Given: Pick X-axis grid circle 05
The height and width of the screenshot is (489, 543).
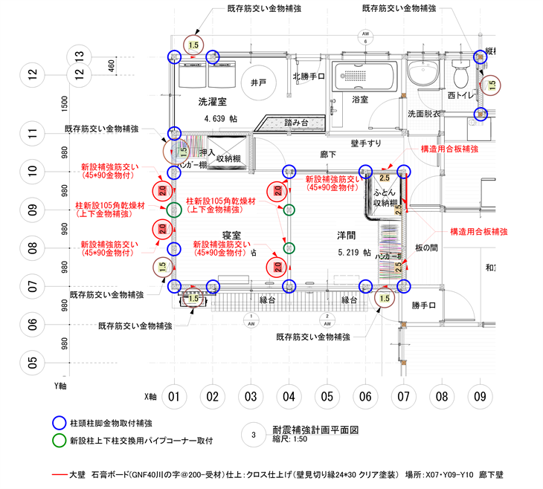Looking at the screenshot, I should pyautogui.click(x=326, y=397).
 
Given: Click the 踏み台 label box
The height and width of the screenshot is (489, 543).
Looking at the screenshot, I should pyautogui.click(x=296, y=122).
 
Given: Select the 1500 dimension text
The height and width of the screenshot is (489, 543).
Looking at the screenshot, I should pyautogui.click(x=65, y=105).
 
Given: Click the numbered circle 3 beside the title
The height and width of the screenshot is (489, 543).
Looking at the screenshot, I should pyautogui.click(x=254, y=435).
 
